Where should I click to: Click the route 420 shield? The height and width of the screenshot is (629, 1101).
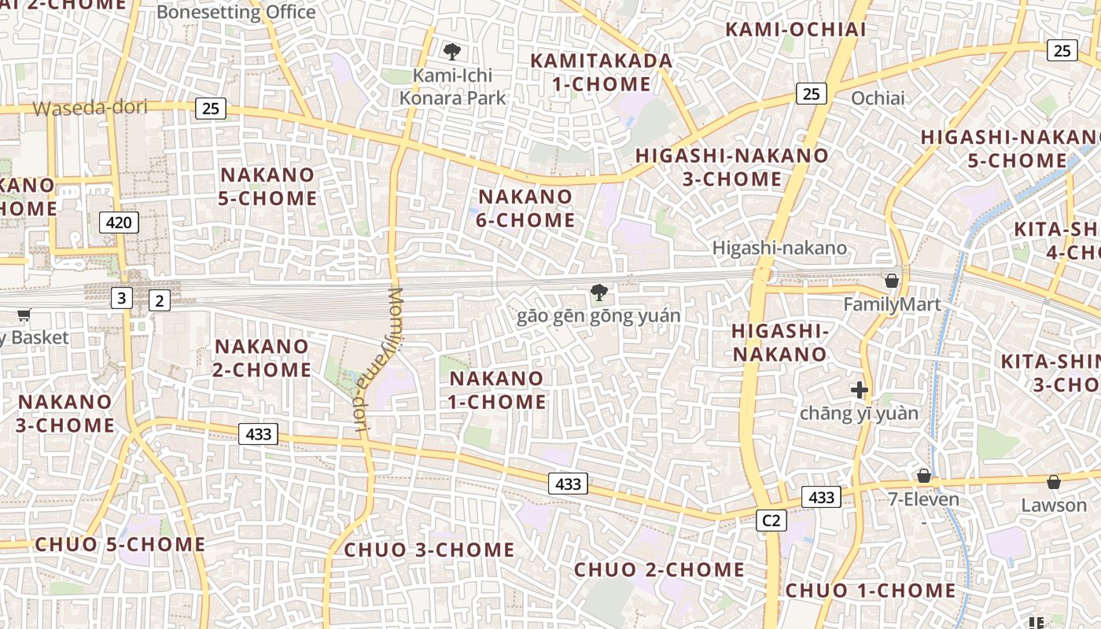coord(119,223)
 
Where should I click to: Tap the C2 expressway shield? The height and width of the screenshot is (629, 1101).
coord(771,520)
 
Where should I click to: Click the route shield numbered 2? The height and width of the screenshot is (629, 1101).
coord(159,300)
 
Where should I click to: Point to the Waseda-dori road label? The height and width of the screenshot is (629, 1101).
coord(90,108)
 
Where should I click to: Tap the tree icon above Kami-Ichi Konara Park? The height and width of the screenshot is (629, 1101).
coord(451,52)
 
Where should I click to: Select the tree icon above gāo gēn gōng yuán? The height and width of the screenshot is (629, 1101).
coord(598,293)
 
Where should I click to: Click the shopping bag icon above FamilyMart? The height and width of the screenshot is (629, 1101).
coord(892,281)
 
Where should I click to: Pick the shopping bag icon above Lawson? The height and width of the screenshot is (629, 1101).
coord(1053,482)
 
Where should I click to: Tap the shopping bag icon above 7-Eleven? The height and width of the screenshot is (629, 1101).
coord(923,476)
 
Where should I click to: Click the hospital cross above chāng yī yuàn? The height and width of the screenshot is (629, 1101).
coord(859,389)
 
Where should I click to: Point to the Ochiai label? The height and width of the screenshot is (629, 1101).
coord(878,98)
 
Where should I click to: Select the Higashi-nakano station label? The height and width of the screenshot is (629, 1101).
coord(779,248)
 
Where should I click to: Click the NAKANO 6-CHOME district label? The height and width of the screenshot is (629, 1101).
coord(525,208)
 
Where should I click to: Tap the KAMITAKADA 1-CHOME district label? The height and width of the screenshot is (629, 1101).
coord(602,72)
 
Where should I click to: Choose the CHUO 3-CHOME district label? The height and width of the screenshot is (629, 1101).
coord(429,550)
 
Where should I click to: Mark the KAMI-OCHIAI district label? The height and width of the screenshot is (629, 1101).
coord(795,30)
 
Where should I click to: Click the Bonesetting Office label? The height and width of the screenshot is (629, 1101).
coord(236,12)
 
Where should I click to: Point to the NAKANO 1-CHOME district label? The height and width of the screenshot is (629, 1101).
coord(497,390)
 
